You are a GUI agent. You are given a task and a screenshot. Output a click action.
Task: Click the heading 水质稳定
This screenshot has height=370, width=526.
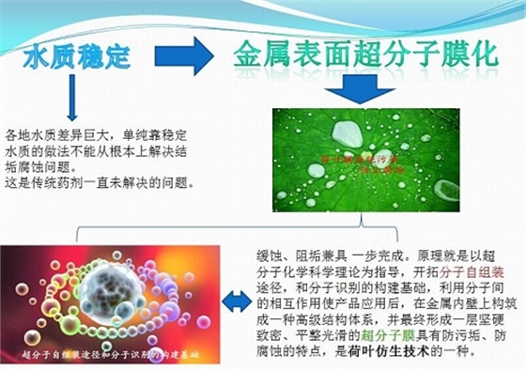pyautogui.click(x=77, y=56)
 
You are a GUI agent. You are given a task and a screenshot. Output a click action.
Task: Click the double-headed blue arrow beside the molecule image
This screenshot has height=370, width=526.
pyautogui.click(x=237, y=301)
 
